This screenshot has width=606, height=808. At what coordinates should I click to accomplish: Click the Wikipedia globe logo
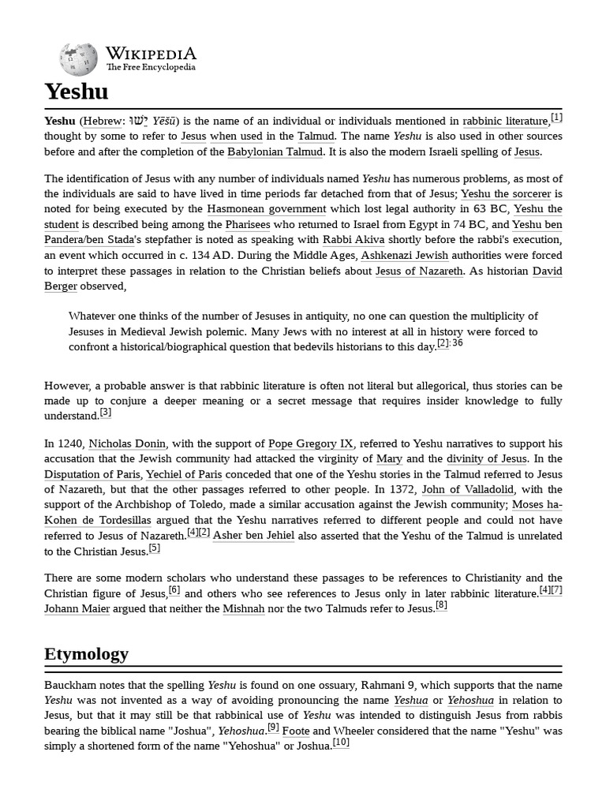pos(78,58)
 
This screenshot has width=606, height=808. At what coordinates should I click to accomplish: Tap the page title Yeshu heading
pos(77,92)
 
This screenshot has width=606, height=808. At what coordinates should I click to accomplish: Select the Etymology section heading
pos(86,654)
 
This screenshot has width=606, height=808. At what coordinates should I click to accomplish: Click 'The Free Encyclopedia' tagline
pos(151,68)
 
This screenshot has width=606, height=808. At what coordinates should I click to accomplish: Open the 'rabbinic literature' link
pos(505,122)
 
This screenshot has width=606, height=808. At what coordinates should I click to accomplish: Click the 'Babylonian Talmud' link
pos(275,152)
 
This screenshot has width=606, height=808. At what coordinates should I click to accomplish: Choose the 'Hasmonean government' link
pos(266,210)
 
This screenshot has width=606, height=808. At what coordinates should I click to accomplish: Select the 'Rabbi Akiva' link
pos(353,240)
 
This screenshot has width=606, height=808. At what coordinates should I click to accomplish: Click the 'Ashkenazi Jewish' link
pos(405,256)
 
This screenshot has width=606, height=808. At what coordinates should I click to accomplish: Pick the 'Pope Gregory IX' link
pos(311,444)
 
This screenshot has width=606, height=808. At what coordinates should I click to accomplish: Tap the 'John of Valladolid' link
pos(468,490)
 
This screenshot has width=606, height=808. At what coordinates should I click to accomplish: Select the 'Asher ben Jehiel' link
pos(253,536)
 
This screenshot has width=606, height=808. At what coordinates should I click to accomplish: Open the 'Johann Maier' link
pos(77,608)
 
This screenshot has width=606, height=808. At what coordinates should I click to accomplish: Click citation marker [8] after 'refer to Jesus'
pos(441,605)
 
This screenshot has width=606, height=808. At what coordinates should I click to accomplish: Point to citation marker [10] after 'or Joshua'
pos(341,743)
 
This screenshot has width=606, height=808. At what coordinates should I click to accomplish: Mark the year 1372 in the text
pos(405,490)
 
